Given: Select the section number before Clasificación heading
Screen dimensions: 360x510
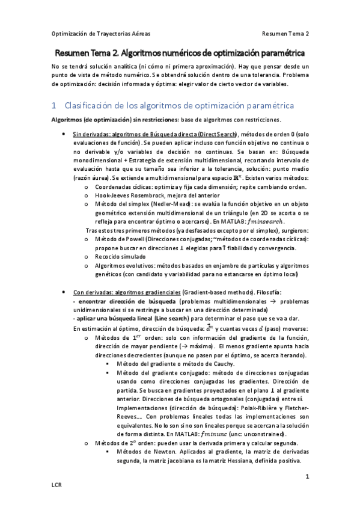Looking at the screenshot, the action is click(54, 105).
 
